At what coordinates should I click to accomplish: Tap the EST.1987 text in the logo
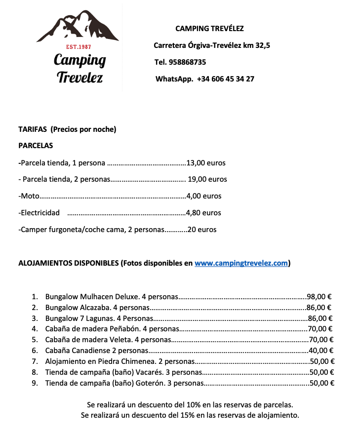(79, 47)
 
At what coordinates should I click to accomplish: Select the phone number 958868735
(187, 62)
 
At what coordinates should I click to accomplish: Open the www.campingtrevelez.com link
(241, 263)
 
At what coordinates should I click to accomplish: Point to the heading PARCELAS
(36, 146)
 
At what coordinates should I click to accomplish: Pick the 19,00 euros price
(207, 179)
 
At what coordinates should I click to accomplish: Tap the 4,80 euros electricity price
(203, 213)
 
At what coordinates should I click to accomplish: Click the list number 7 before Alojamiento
(35, 361)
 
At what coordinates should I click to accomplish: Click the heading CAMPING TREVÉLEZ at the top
(209, 29)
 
